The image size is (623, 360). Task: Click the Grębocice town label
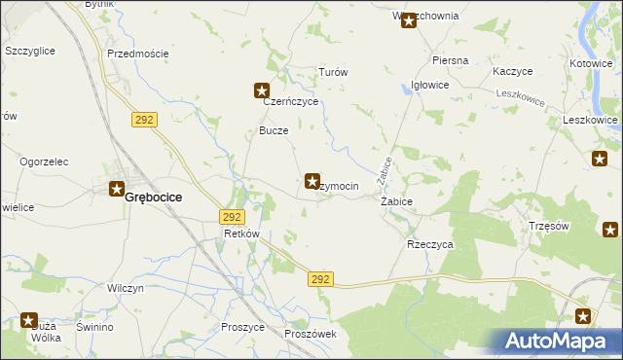point(157,197)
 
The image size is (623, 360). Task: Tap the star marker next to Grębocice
point(117,189)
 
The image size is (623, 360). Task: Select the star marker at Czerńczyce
point(262,91)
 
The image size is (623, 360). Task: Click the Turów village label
point(333,73)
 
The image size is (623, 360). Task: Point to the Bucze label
point(273,130)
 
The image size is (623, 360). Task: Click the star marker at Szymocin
point(312,180)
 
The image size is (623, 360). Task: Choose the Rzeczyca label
point(429,245)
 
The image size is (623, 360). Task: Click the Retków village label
point(240,234)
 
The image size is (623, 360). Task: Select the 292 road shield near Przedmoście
point(144,119)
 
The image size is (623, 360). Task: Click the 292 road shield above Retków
point(232,217)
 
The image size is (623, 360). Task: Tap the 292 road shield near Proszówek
point(323,279)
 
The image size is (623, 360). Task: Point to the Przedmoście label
point(137,54)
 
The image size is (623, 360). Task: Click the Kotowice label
point(592,64)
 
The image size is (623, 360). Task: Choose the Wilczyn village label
point(126,289)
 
